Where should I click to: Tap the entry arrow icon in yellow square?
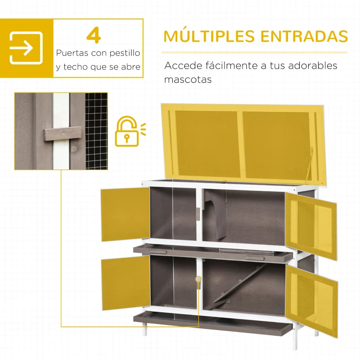click(x=26, y=48)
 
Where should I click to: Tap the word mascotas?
click(x=188, y=80)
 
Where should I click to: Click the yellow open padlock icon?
click(x=127, y=131)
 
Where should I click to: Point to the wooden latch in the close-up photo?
click(x=63, y=133)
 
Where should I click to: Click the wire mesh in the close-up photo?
click(x=96, y=130)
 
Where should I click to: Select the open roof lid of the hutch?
click(x=243, y=142)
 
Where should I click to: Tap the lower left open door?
click(x=125, y=283)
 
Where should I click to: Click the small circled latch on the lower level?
click(x=198, y=279)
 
